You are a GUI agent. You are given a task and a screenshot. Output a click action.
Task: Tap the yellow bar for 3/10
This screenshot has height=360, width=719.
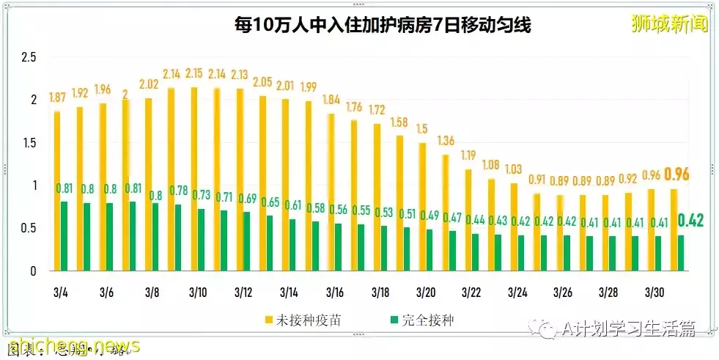pos(195,180)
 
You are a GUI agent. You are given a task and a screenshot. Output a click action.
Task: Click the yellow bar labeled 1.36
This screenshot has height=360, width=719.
pos(446,213)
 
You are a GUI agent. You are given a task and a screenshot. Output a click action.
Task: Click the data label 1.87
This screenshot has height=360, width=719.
pos(57,98)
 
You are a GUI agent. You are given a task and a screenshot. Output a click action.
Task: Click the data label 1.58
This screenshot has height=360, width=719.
pos(400,121)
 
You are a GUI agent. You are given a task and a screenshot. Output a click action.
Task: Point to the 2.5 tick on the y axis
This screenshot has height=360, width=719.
pos(29,57)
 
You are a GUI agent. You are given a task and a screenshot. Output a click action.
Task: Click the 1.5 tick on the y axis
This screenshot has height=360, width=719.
pos(29,143)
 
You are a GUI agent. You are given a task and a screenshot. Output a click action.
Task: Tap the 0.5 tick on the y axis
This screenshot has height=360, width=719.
pos(29,228)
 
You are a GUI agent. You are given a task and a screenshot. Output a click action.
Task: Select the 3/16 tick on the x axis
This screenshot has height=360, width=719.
pos(335,293)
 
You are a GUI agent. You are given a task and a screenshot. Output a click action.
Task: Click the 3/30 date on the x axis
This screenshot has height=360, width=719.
pos(654,293)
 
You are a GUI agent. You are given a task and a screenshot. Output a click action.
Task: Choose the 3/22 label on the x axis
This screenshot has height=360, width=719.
pos(471,293)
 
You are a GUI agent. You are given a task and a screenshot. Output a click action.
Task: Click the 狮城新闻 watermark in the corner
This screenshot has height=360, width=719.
pos(670,24)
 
